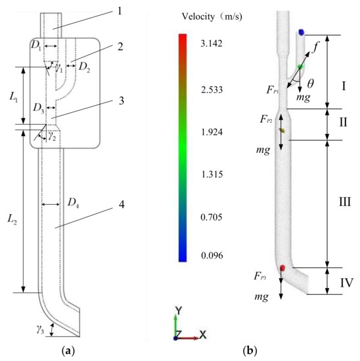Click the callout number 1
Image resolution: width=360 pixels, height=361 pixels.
(x=120, y=12)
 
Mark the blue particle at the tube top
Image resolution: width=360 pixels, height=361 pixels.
(x=302, y=32)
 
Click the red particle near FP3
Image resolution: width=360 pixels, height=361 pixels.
(x=282, y=268)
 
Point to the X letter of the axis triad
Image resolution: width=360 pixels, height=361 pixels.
(x=203, y=335)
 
